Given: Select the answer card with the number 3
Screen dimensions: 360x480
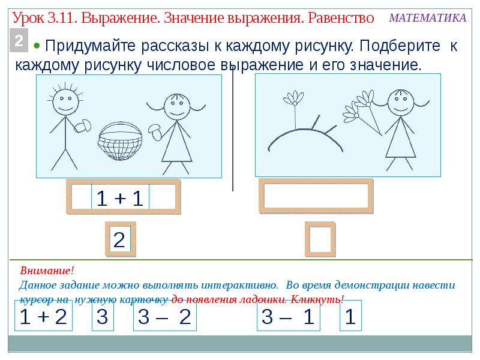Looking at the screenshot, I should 103,317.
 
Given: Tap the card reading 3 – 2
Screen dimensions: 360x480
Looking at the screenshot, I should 164,317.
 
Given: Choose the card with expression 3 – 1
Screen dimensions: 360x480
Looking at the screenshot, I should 287,317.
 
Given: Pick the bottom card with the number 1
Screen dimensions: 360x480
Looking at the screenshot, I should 350,317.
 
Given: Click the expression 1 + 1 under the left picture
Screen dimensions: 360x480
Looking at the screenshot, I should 120,198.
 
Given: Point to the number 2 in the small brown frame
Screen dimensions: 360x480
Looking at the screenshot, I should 119,240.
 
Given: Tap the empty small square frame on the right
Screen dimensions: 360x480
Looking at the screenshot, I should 319,240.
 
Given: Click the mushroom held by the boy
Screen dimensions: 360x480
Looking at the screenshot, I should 82,126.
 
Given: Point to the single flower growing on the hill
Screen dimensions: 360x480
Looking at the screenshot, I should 294,99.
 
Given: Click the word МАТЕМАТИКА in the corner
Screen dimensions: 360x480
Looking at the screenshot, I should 428,17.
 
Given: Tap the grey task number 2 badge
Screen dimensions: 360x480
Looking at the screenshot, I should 20,41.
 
